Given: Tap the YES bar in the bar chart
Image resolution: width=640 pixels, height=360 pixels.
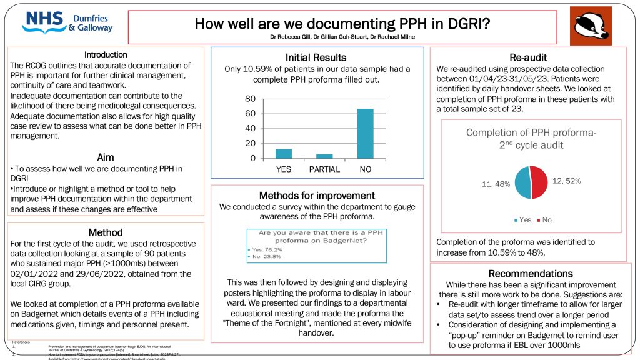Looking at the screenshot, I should pyautogui.click(x=284, y=153).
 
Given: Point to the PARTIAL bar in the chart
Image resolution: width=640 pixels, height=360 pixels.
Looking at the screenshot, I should pyautogui.click(x=324, y=156).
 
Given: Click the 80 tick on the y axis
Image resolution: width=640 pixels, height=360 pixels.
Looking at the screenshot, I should pyautogui.click(x=250, y=99).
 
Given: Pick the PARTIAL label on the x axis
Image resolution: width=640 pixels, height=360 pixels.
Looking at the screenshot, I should pyautogui.click(x=324, y=169).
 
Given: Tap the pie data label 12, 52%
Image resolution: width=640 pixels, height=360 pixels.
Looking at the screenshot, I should pyautogui.click(x=566, y=181).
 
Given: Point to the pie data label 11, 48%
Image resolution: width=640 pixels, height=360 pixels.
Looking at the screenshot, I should pyautogui.click(x=496, y=184).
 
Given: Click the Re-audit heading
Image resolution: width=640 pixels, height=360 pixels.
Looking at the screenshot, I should pyautogui.click(x=528, y=57).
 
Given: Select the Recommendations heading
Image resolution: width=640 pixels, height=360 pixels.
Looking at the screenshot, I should pyautogui.click(x=530, y=274).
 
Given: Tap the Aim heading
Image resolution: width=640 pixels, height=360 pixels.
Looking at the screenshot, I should pyautogui.click(x=106, y=157).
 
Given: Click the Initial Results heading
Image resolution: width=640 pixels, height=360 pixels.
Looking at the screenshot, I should pyautogui.click(x=316, y=57).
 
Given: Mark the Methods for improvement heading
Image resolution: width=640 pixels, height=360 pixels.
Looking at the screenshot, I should pyautogui.click(x=317, y=196).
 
